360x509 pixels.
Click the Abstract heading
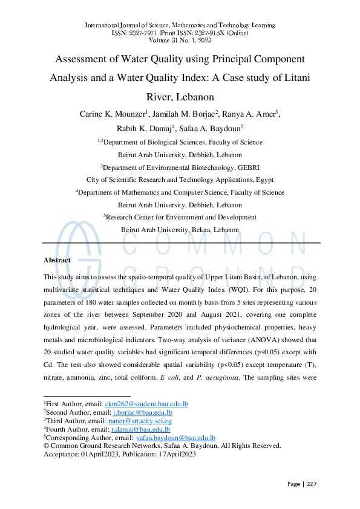click(x=57, y=260)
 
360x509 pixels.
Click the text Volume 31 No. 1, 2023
click(x=180, y=41)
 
